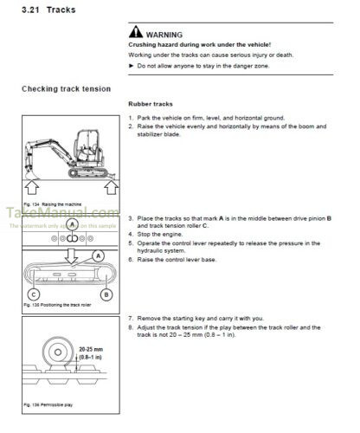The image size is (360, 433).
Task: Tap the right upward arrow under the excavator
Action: coord(107,184)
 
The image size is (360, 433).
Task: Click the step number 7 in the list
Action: coord(130,318)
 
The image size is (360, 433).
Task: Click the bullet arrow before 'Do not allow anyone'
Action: coord(131,66)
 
